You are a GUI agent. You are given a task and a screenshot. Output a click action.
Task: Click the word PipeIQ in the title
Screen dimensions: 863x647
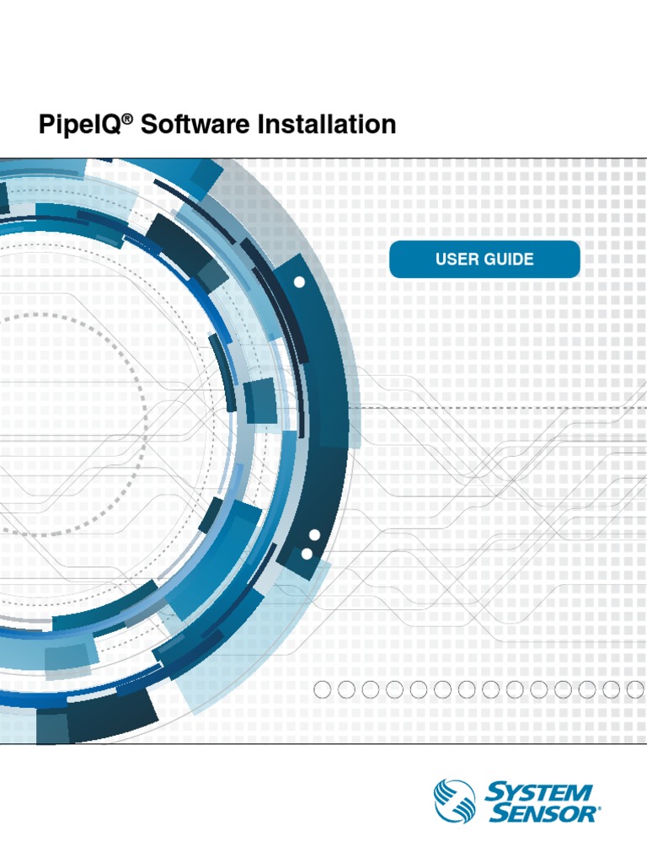(x=80, y=126)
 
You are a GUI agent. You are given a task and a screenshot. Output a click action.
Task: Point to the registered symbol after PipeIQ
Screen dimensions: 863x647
(x=127, y=120)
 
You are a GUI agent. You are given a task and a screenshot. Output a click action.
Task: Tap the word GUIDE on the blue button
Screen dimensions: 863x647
(x=507, y=259)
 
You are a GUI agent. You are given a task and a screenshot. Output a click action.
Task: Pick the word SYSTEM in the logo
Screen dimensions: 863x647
(x=539, y=792)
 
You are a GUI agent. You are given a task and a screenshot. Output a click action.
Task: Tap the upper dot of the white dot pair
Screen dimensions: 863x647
(x=314, y=536)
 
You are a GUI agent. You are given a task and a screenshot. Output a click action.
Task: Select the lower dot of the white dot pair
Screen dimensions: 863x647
(x=307, y=553)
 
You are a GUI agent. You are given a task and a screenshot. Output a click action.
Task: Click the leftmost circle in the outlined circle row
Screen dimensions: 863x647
(x=322, y=690)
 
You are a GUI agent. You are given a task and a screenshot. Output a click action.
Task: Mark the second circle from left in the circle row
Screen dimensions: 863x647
(x=346, y=690)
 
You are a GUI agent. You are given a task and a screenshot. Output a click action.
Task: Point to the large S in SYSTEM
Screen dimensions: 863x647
(x=495, y=792)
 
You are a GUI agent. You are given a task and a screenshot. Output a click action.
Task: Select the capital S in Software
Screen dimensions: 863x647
(x=148, y=126)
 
